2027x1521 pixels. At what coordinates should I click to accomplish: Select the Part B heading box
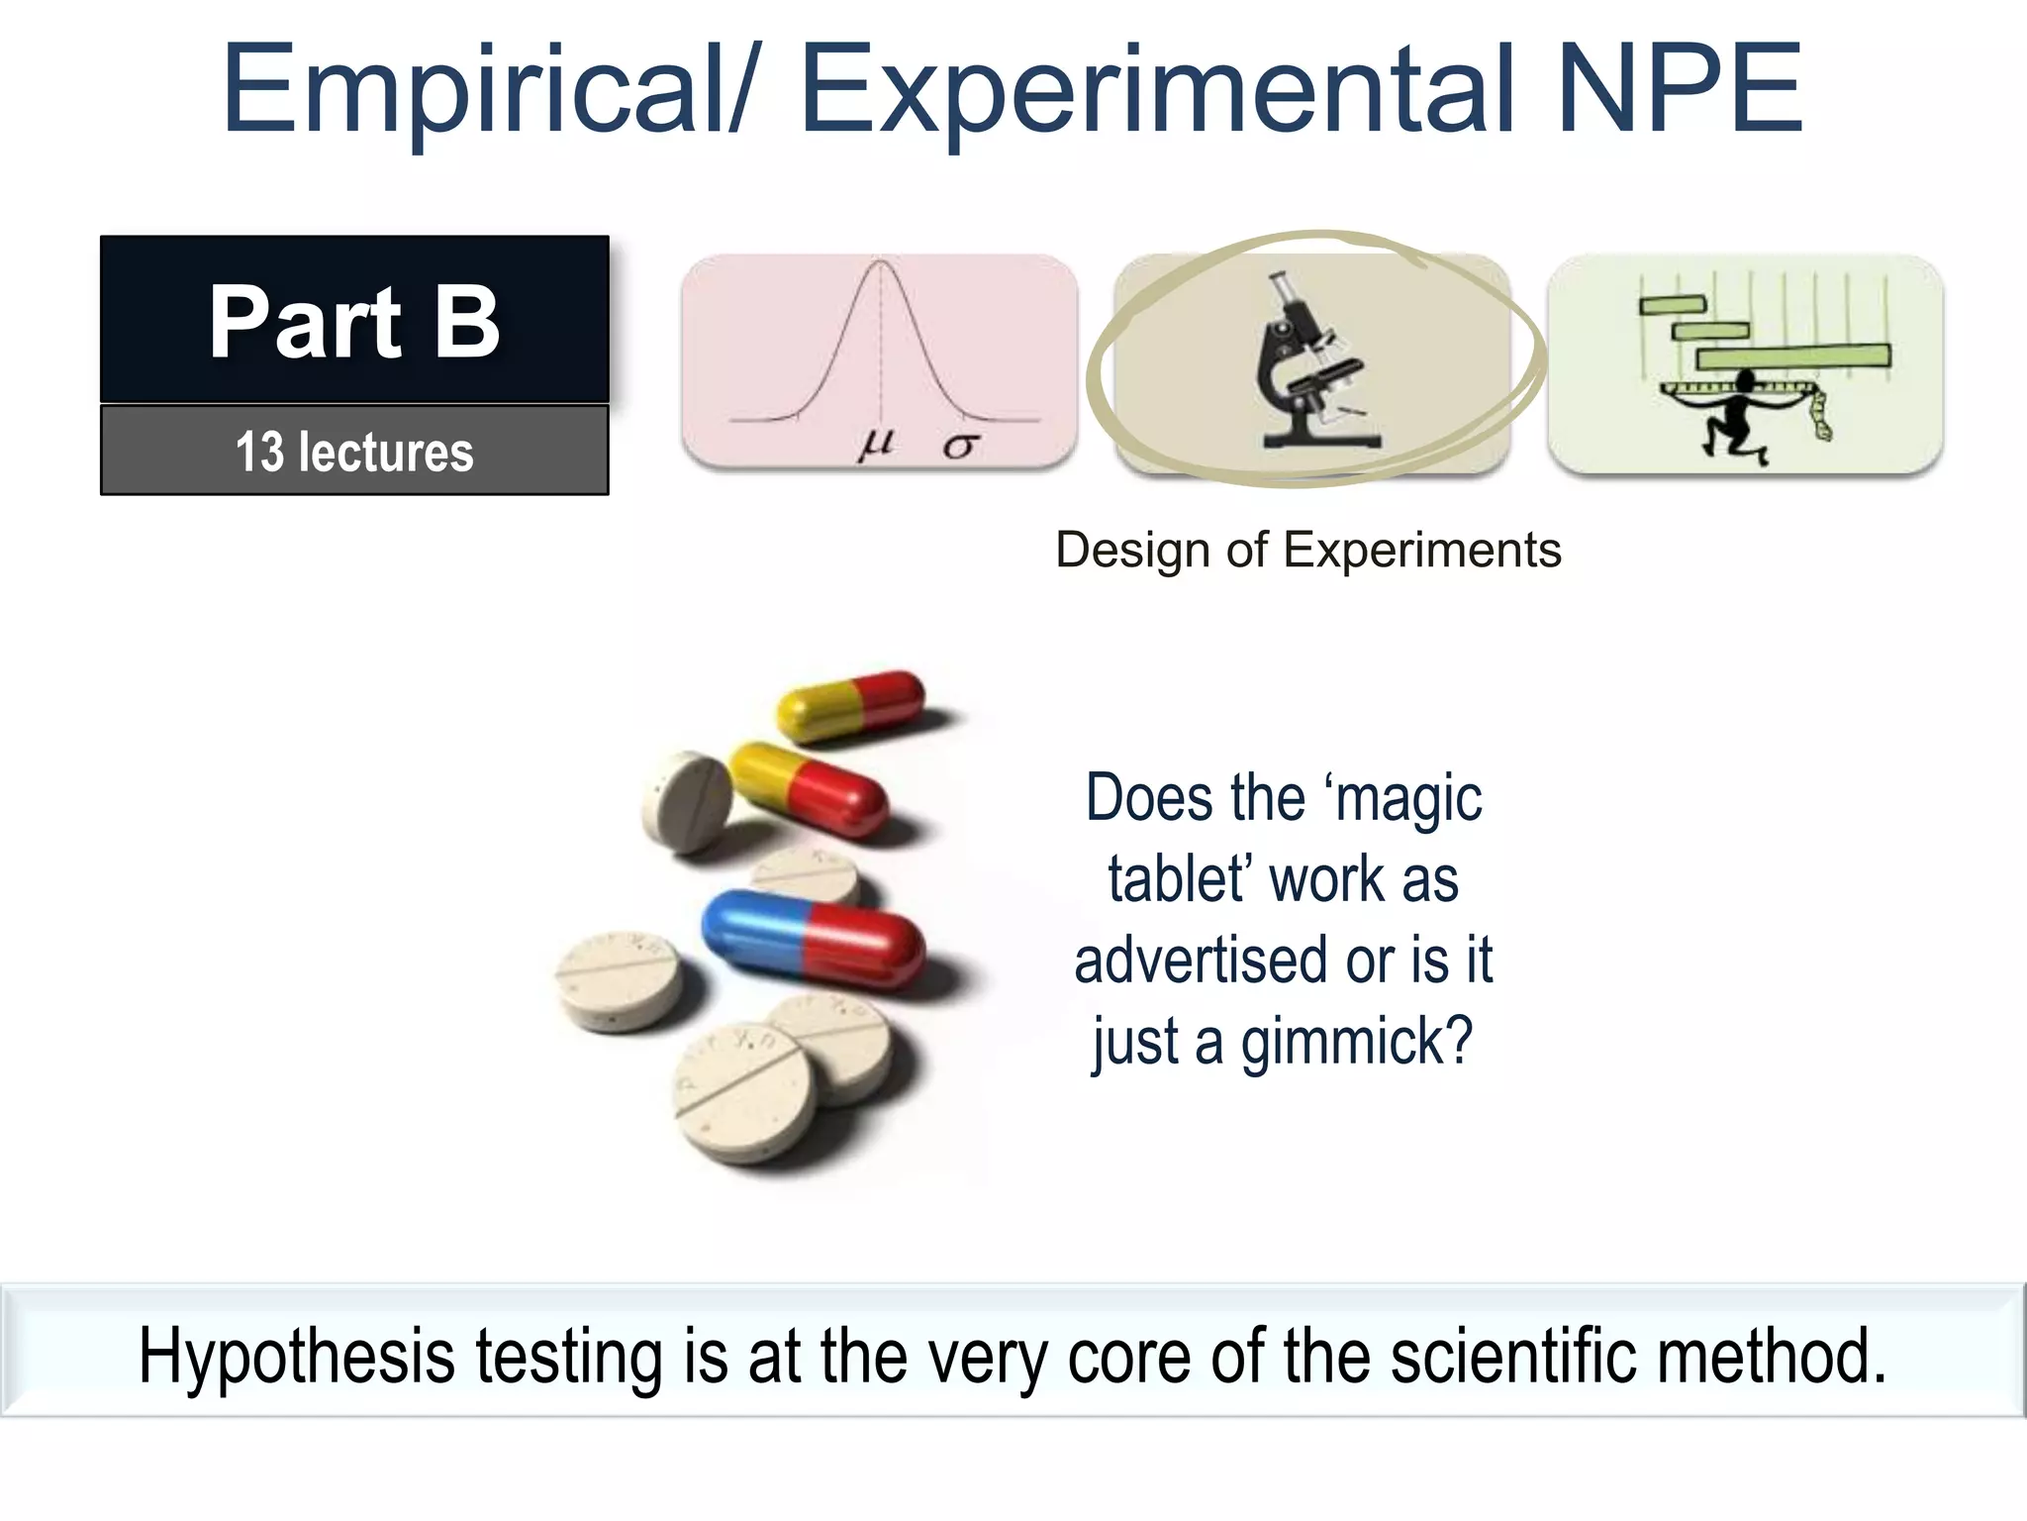pos(354,320)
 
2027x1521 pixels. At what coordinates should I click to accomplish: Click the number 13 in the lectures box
pos(259,452)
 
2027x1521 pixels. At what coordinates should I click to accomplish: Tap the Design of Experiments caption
pos(1308,550)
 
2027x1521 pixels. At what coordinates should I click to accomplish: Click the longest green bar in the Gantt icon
pos(1792,355)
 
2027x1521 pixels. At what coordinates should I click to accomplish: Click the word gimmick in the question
pos(1357,1043)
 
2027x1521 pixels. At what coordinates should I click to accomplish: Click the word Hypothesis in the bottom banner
pos(296,1356)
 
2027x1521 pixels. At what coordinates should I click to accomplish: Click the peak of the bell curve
pos(880,262)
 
